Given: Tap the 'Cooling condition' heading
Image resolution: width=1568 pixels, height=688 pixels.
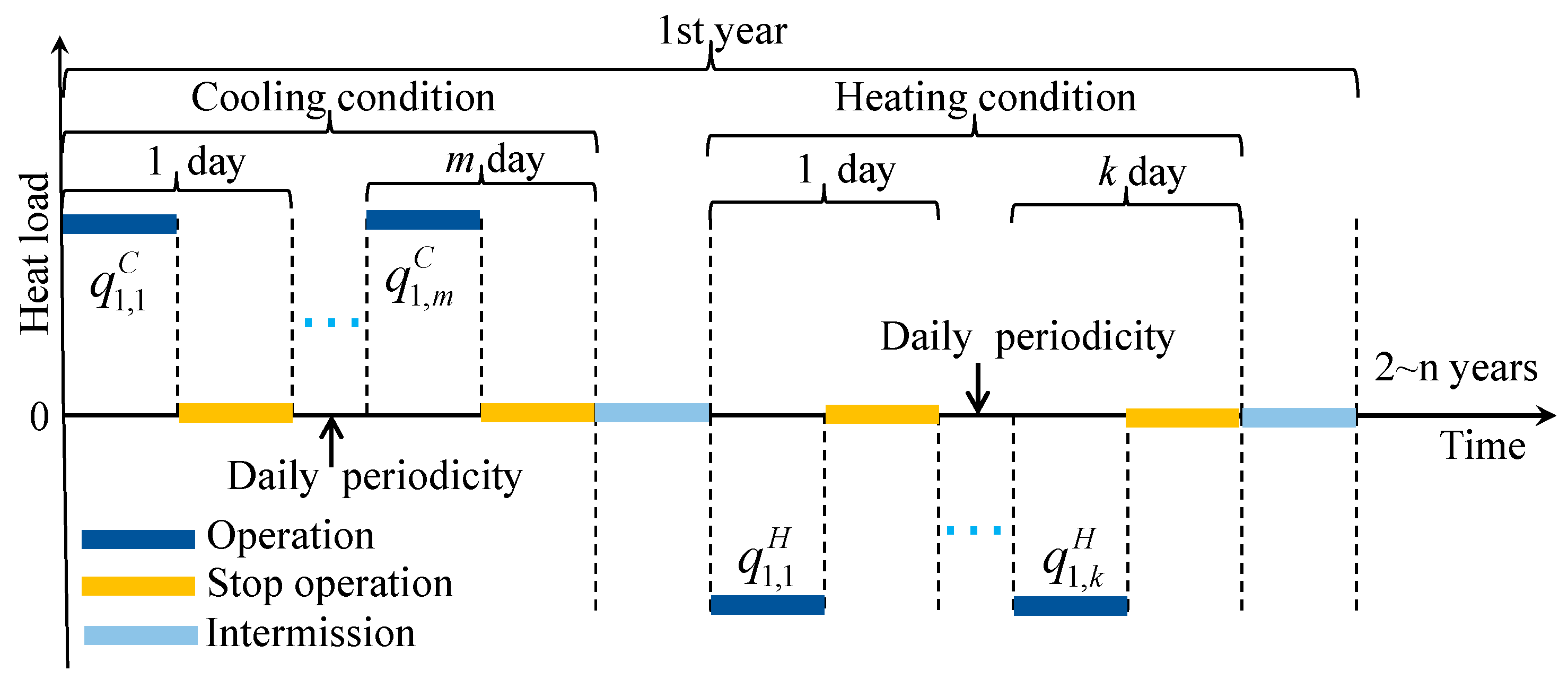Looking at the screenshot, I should point(343,98).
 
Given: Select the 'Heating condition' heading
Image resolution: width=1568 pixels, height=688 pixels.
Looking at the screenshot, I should point(985,98).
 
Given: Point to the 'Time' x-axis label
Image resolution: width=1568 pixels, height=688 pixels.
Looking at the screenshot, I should point(1482,446).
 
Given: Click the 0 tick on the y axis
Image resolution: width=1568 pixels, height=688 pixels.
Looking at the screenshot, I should point(40,417).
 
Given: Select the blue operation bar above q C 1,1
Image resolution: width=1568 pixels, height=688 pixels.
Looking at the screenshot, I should point(120,224).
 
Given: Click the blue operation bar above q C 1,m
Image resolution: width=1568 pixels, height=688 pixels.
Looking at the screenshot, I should point(423,220).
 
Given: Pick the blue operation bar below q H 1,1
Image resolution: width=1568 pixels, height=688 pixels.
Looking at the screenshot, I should point(768,605).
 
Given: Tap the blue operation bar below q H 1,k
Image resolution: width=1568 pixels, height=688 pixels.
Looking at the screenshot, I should point(1070,606).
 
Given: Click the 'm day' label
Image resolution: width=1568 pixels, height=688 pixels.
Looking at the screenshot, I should point(495,160).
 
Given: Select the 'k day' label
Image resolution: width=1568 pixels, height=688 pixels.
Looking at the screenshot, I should point(1142,172).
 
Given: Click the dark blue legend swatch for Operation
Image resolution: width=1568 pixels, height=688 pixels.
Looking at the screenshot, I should point(138,539).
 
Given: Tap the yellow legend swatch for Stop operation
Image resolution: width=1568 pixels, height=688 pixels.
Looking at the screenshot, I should point(138,586).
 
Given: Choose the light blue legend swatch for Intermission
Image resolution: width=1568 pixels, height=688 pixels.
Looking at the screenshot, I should point(141,635).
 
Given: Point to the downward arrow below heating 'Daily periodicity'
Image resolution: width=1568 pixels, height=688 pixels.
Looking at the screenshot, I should point(978,390).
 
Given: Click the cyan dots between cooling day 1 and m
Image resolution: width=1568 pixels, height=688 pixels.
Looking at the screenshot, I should point(331,322).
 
